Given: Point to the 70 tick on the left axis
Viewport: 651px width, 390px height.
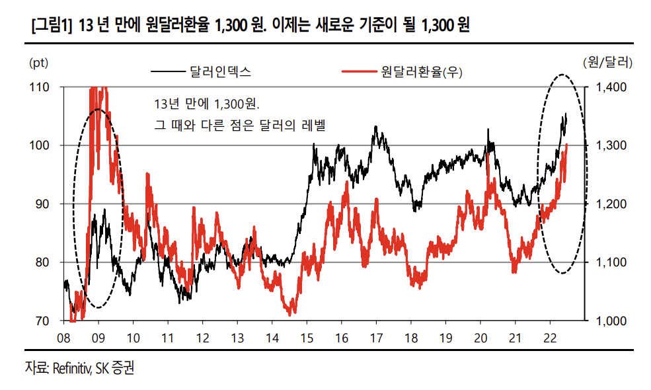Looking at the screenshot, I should (x=42, y=321).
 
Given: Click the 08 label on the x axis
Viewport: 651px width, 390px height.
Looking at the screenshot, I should (x=64, y=337).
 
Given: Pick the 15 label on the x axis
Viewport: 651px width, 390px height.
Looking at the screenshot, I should (x=307, y=337).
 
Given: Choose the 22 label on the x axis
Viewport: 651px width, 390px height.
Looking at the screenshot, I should (x=549, y=337).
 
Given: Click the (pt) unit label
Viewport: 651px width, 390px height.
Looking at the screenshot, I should (x=39, y=63).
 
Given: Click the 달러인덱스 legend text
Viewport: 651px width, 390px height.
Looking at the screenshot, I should (x=221, y=71).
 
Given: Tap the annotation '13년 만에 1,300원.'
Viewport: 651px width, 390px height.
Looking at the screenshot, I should (x=206, y=104).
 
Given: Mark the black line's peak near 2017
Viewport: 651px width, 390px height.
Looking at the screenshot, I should (x=376, y=127).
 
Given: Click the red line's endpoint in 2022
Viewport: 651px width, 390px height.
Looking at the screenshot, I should (x=567, y=145).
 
